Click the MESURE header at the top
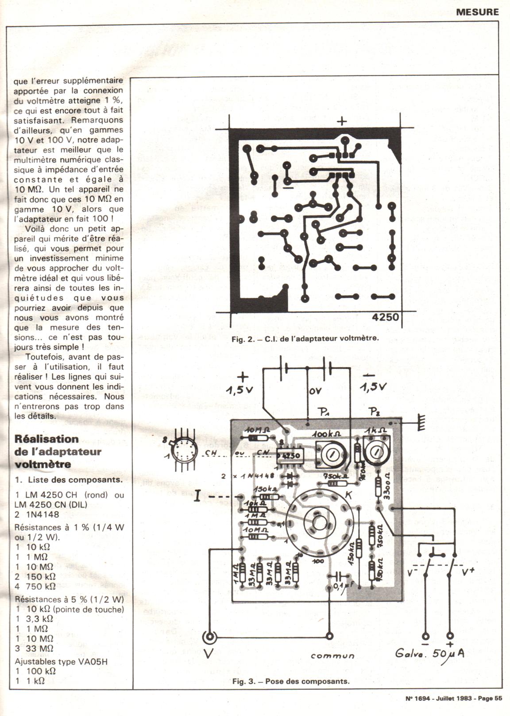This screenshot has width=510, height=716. (477, 12)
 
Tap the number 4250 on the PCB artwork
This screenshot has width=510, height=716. (385, 317)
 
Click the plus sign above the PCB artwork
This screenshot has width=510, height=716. (342, 121)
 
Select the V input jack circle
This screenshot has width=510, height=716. (209, 638)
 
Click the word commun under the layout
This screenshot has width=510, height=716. (332, 655)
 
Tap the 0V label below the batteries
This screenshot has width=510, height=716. (316, 391)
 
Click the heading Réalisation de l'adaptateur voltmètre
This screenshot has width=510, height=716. (58, 451)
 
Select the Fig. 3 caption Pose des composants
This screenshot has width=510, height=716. (291, 681)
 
